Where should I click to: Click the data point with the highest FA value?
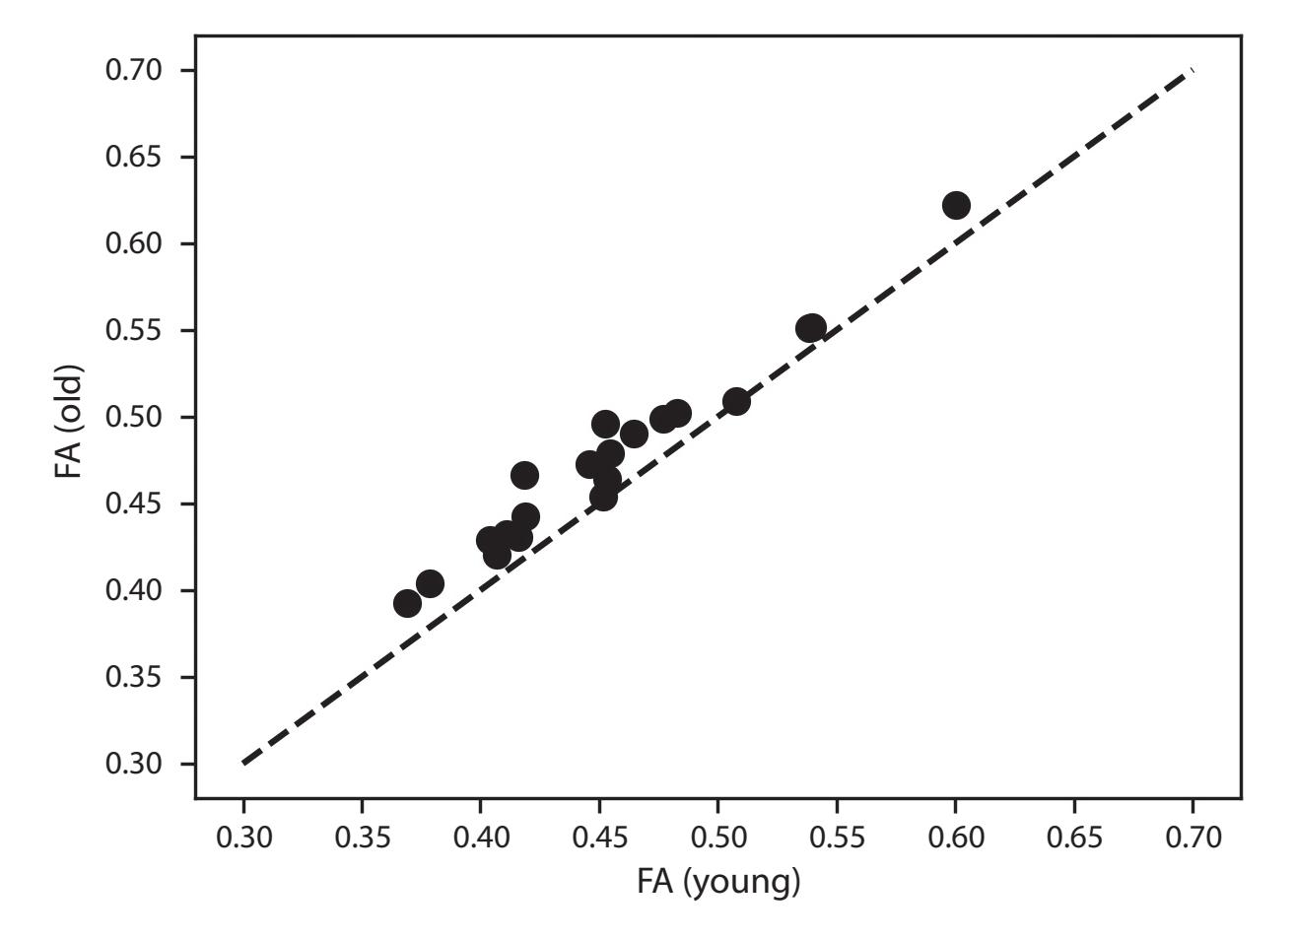point(956,206)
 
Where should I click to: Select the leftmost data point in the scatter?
point(407,603)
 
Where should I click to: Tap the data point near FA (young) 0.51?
point(736,401)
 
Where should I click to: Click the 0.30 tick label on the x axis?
point(242,838)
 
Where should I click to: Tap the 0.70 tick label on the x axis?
point(1193,838)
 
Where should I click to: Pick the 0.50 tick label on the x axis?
point(717,838)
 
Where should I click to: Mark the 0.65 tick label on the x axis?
point(1073,838)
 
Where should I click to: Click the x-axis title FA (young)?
point(718,882)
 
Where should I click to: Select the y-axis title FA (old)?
point(69,422)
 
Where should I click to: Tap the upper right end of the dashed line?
point(1192,71)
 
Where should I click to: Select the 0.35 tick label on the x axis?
point(362,838)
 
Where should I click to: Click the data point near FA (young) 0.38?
point(430,583)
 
